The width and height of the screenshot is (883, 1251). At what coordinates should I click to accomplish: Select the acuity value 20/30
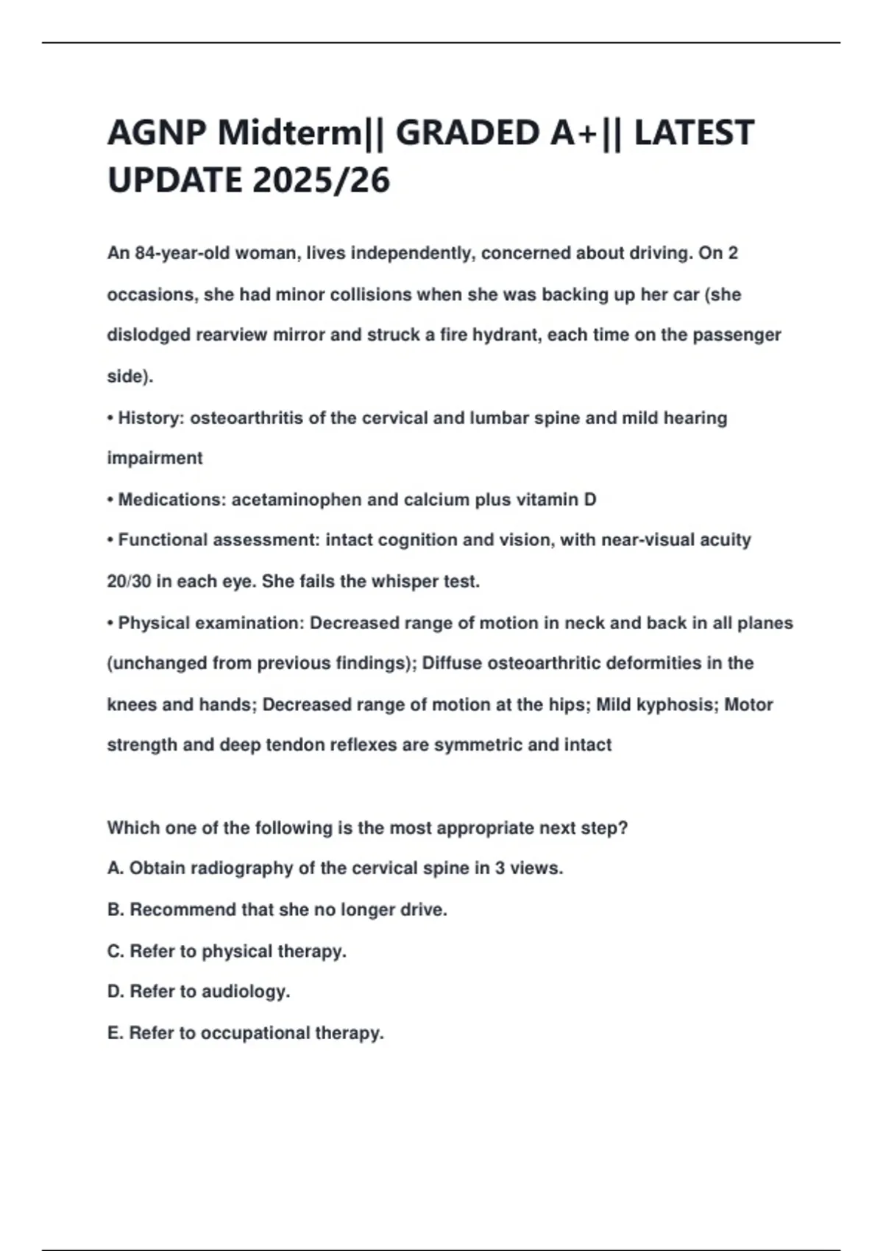[129, 581]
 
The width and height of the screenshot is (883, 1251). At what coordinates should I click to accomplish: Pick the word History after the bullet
[149, 418]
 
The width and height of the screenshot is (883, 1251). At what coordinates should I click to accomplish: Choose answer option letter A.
[115, 868]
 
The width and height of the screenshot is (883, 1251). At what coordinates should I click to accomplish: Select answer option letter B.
[115, 910]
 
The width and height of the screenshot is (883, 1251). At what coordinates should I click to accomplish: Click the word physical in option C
[230, 951]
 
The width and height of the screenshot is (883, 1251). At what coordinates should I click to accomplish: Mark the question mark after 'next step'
[623, 828]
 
